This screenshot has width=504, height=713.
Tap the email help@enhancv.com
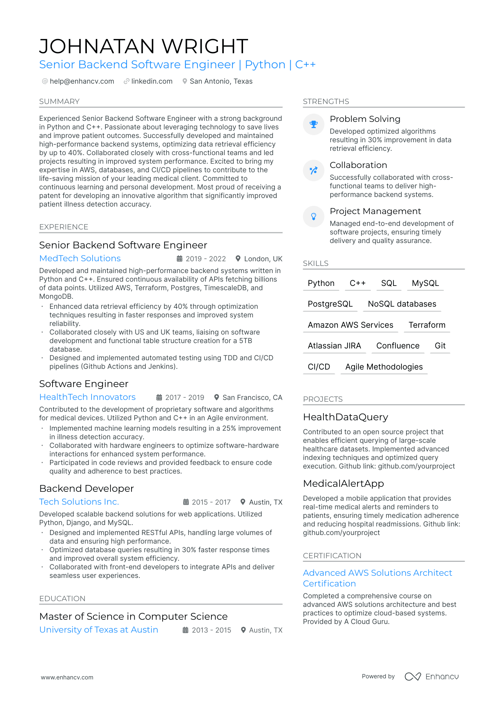click(82, 81)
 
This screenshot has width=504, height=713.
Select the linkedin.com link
click(152, 81)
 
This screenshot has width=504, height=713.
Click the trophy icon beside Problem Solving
click(313, 124)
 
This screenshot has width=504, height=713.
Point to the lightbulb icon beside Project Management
click(313, 217)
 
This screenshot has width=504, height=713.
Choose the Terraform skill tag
click(427, 325)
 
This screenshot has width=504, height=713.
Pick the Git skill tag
click(440, 346)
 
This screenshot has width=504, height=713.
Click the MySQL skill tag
click(425, 283)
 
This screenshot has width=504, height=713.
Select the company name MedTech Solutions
click(80, 258)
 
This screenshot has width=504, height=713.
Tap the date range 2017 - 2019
click(184, 397)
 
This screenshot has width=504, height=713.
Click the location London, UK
click(263, 259)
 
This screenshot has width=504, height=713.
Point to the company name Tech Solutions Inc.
click(79, 502)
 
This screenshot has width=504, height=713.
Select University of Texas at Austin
click(99, 630)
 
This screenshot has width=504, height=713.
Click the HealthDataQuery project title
click(345, 417)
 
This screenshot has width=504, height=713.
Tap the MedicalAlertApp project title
click(343, 484)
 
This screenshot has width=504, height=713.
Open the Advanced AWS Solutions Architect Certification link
click(377, 578)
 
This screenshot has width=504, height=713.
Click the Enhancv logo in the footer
click(431, 677)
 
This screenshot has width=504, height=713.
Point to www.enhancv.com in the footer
click(67, 677)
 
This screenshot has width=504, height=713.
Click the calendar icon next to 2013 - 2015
click(186, 630)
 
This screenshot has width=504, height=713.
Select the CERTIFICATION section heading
click(332, 556)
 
